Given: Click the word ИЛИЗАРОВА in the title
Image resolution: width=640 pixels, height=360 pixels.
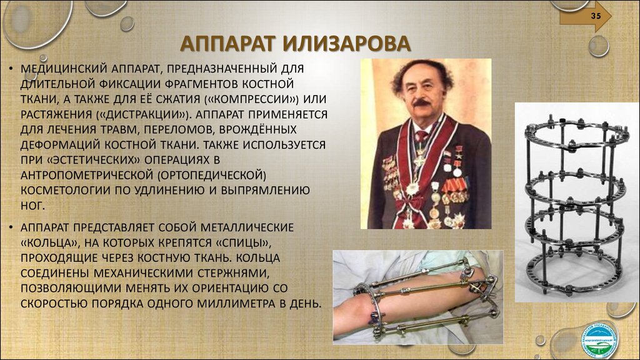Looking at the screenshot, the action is pyautogui.click(x=346, y=44).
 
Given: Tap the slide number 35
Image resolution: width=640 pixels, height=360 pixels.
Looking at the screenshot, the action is pyautogui.click(x=596, y=16).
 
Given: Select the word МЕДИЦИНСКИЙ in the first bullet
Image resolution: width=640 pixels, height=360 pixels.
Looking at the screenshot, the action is pyautogui.click(x=64, y=69).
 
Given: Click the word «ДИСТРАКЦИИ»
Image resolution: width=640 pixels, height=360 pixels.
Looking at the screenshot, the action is pyautogui.click(x=143, y=115).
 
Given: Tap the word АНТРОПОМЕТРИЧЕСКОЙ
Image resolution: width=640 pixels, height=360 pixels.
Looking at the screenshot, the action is pyautogui.click(x=86, y=176).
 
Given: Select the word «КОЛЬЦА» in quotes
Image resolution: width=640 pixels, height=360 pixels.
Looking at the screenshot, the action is pyautogui.click(x=49, y=243).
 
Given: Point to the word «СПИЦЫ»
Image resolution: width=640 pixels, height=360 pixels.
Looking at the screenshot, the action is pyautogui.click(x=243, y=243).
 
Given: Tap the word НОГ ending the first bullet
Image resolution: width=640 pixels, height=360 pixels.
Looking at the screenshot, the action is pyautogui.click(x=32, y=206).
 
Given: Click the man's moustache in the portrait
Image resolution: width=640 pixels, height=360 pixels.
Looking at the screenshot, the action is pyautogui.click(x=421, y=102).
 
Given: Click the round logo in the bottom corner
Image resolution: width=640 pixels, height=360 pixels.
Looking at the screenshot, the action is pyautogui.click(x=599, y=340).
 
